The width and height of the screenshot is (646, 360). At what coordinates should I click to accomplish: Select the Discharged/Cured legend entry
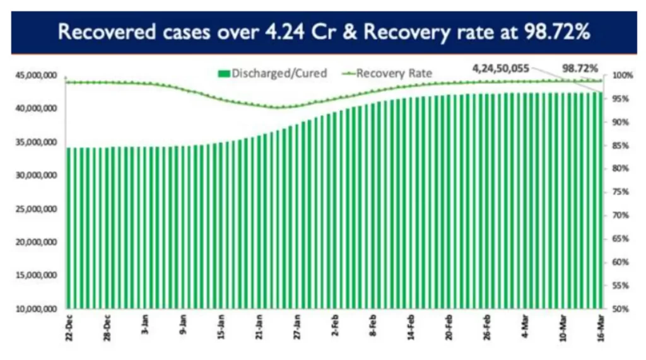273,73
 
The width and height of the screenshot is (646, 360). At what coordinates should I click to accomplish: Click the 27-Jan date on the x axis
297,326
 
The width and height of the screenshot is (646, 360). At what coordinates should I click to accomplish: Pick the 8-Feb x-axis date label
373,326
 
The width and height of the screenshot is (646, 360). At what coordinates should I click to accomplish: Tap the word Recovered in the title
100,32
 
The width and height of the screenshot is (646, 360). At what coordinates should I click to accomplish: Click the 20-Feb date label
449,326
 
